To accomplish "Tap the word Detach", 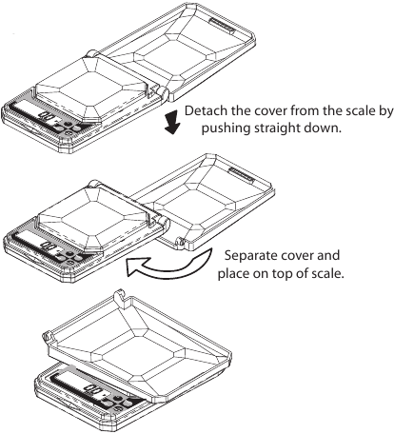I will [209, 111].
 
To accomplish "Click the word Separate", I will [249, 257].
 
